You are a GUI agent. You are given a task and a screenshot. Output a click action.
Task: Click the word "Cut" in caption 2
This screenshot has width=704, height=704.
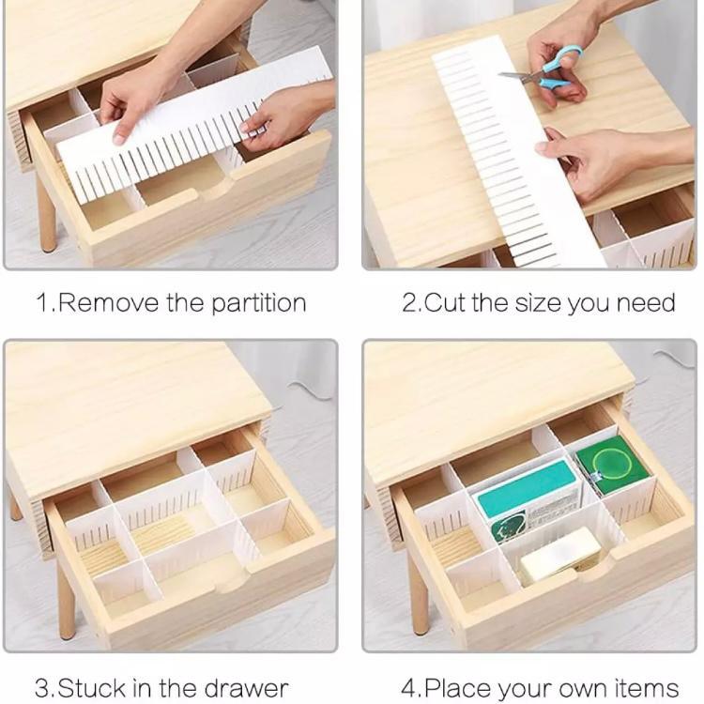447,303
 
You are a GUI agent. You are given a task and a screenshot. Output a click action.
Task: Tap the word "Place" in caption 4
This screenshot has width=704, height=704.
457,688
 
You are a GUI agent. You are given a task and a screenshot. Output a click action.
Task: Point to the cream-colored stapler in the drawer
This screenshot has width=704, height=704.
560,555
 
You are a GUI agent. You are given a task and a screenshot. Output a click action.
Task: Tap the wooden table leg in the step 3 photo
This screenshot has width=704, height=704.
66,601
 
